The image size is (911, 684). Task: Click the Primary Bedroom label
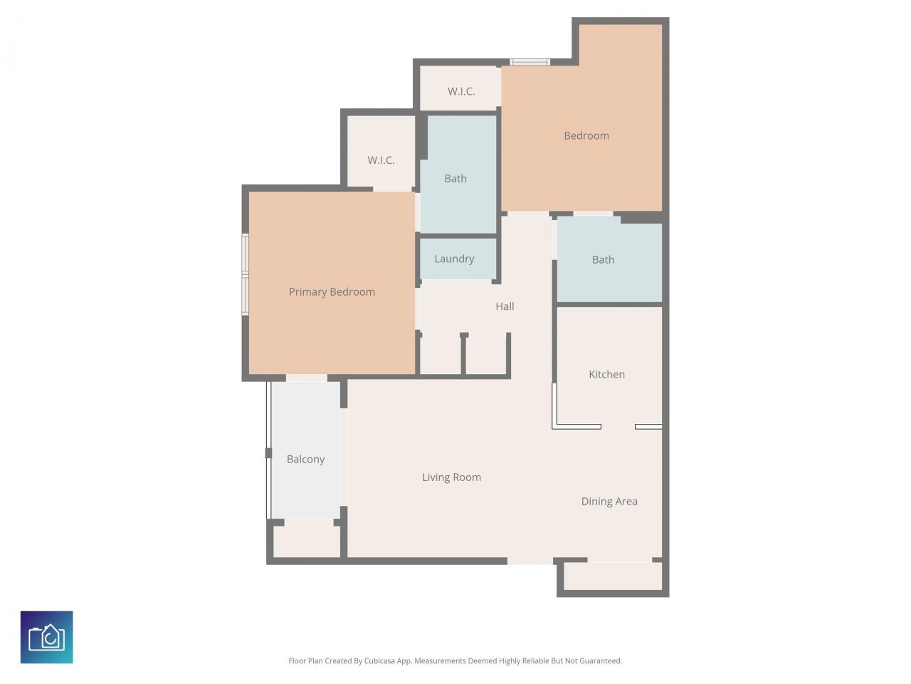332,292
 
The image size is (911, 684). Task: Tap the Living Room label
451,477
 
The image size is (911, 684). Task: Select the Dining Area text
609,502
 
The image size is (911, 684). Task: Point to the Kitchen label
606,375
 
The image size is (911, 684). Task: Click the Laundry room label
454,259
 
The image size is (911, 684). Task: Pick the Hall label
505,306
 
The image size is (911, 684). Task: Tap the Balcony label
305,460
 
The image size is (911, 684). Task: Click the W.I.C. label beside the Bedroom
461,92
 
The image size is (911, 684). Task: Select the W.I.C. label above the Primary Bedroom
381,160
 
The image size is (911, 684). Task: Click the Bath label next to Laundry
455,179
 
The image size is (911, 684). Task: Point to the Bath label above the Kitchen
603,260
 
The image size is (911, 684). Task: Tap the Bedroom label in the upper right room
586,136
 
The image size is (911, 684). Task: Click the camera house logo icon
47,637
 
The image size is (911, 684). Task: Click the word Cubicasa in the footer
380,661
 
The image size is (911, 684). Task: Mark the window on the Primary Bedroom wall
245,274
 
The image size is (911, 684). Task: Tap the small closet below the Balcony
307,542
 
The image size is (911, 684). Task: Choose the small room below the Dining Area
613,576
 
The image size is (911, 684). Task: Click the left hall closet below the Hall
441,355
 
